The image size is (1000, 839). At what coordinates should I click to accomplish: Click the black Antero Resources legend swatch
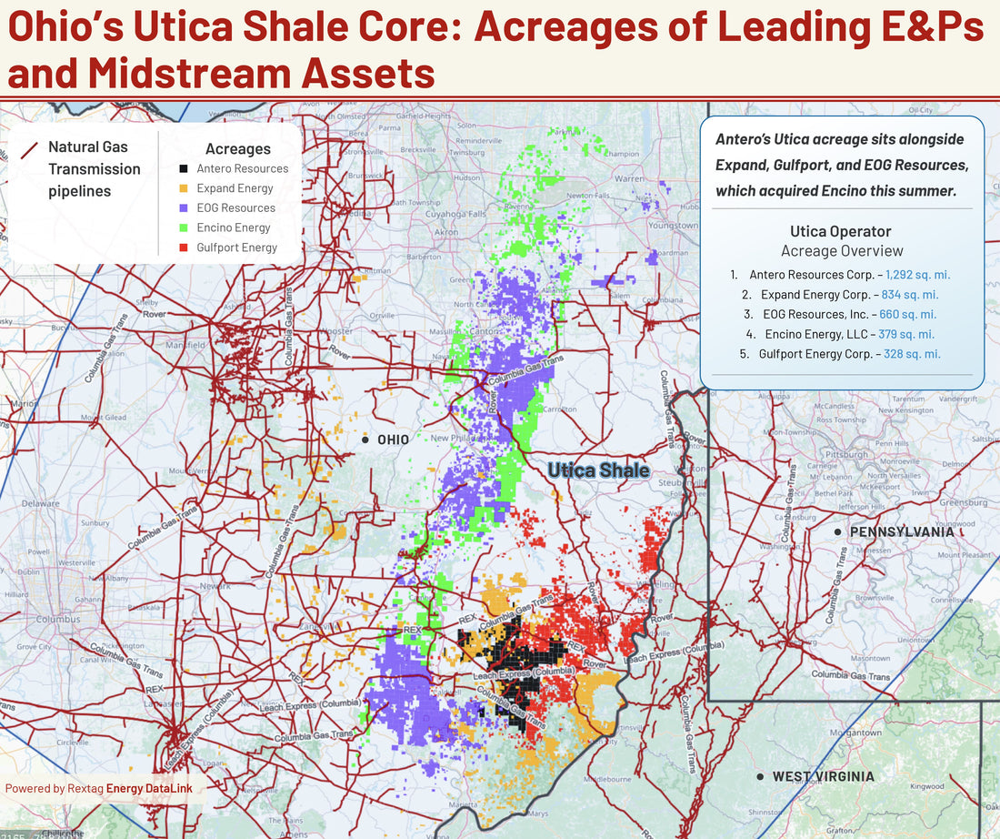coord(184,168)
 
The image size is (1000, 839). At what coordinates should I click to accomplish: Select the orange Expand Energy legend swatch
coord(184,188)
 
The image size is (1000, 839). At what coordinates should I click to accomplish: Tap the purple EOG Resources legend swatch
coord(184,207)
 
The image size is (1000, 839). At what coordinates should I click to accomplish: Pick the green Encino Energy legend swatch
coord(184,227)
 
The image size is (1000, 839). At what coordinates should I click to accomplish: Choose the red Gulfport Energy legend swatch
coord(184,248)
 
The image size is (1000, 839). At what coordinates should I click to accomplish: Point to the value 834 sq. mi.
coord(909,295)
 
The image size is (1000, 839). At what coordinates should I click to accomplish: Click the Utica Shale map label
coord(598,470)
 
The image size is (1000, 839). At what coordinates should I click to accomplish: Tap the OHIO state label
coord(393,440)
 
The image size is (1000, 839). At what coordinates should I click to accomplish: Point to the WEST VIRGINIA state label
coord(823,777)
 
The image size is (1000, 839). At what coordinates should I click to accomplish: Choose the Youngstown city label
coord(674,225)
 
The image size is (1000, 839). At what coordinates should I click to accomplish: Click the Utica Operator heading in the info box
coord(842,231)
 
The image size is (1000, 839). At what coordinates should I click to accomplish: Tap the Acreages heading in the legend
coord(238,148)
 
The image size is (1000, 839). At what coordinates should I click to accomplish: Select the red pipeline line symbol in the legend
coord(29,150)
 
